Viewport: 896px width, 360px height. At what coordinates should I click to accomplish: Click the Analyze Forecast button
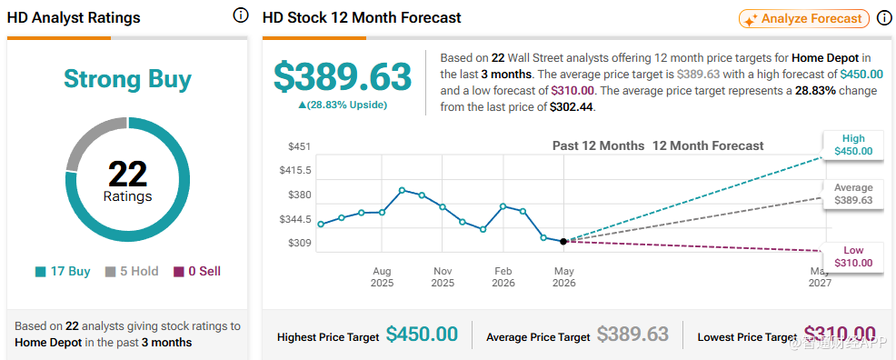coord(804,19)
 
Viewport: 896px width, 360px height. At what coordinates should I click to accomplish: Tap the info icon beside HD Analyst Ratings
coord(241,16)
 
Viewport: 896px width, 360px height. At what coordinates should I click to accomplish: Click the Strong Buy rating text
coord(127,79)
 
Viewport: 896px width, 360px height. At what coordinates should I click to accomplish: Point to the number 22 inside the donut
coord(127,174)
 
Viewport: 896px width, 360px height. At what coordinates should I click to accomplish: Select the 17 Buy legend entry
coord(63,272)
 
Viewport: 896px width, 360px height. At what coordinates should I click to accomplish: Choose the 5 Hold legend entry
coord(132,272)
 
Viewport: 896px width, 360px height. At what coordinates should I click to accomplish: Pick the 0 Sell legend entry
coord(197,272)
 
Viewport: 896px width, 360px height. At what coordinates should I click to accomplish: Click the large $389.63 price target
coord(343,77)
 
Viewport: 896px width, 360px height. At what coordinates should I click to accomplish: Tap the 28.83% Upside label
coord(343,105)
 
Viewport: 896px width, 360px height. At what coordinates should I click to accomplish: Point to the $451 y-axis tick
coord(299,147)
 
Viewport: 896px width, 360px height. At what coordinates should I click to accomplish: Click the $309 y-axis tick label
coord(299,244)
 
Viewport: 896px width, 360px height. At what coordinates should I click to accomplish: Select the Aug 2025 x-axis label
coord(382,276)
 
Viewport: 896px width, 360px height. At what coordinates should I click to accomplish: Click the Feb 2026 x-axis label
coord(503,276)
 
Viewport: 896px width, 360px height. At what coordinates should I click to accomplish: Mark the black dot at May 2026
coord(563,242)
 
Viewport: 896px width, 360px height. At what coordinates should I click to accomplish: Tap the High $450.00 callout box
coord(853,145)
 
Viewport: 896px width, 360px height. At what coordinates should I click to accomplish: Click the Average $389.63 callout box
coord(853,194)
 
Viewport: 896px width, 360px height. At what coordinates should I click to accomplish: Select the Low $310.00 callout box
coord(853,256)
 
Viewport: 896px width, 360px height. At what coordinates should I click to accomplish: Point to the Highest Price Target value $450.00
coord(422,335)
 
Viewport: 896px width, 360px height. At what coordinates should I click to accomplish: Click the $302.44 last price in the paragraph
coord(572,107)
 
